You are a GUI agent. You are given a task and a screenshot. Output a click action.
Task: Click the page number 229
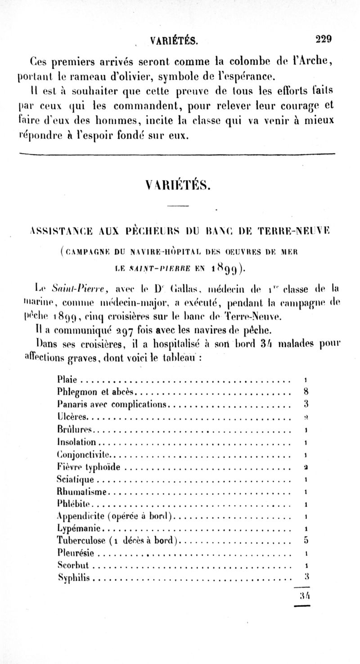click(323, 39)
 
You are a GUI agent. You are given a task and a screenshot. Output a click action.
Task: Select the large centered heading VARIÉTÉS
click(179, 184)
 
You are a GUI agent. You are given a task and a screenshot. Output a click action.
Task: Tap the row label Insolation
click(77, 442)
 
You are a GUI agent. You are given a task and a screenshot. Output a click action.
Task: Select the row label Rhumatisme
click(84, 491)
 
